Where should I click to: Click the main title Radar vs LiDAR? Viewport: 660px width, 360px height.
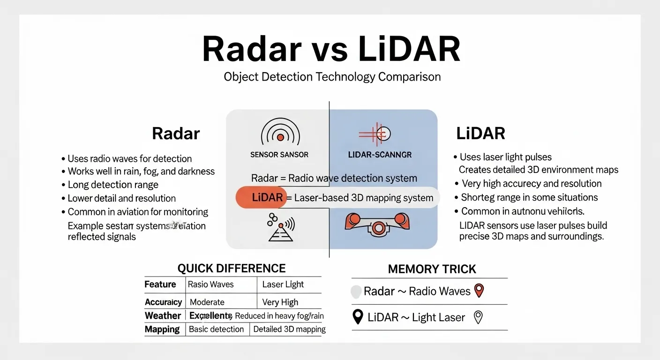click(x=331, y=49)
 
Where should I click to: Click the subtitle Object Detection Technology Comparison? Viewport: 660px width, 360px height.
click(x=332, y=76)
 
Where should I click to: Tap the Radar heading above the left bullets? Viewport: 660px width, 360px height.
click(x=176, y=134)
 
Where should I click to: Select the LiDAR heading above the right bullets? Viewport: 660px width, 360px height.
click(x=480, y=134)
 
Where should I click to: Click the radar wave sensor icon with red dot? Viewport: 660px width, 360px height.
click(x=280, y=135)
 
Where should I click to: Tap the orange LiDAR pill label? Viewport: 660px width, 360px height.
click(x=261, y=197)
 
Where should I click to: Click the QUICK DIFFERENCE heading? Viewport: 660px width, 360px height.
click(x=232, y=268)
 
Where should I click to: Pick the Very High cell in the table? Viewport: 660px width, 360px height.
click(x=280, y=302)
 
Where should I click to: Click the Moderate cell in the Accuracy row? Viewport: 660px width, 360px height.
click(x=207, y=302)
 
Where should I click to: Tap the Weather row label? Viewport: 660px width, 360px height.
click(x=163, y=315)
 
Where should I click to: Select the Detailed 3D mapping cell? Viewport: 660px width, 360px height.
click(x=289, y=329)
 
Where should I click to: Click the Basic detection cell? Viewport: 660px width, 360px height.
click(x=216, y=329)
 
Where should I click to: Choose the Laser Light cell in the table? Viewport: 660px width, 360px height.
click(x=283, y=285)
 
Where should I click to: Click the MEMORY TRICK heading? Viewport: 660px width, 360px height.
click(x=432, y=269)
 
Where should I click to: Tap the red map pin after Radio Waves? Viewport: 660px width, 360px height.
click(x=479, y=291)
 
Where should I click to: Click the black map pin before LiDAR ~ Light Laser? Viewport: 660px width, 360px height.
click(x=358, y=317)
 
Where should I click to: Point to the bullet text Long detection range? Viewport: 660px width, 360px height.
click(x=113, y=185)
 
